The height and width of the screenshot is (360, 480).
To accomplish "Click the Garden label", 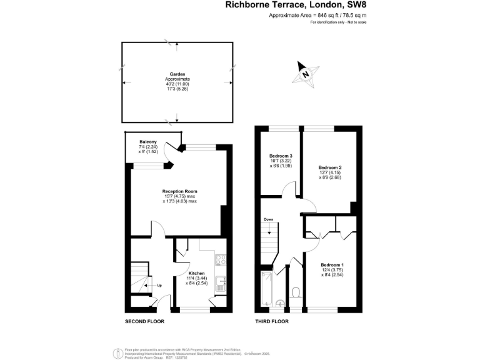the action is [177, 74].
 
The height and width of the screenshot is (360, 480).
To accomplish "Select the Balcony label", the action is [148, 142].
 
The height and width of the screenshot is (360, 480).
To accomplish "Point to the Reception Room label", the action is [180, 191].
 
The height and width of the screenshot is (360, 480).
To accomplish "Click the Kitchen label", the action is [197, 273].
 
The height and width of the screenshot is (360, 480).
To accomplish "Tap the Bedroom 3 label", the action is [281, 156].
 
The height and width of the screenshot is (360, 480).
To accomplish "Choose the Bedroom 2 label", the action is [330, 167].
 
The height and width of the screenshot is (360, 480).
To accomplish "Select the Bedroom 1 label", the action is [332, 265].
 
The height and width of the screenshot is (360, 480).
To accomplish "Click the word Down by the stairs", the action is [268, 219].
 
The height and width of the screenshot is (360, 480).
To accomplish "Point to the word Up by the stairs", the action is [159, 286].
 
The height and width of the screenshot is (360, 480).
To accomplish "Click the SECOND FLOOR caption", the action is [144, 322].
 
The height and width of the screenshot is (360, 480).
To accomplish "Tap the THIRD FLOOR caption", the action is [272, 322].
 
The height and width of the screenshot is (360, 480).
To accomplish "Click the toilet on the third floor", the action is [296, 292].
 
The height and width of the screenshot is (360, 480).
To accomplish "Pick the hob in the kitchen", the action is [221, 259].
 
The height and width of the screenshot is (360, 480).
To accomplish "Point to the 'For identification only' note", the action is [338, 22].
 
